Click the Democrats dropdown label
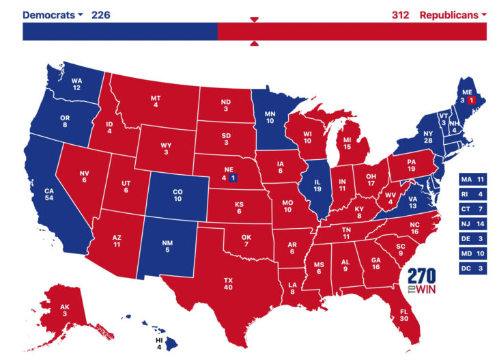click(x=53, y=14)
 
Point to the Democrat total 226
click(x=101, y=14)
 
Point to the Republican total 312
click(x=400, y=14)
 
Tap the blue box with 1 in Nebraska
click(x=233, y=178)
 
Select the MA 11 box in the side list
click(x=473, y=179)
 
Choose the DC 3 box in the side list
click(x=473, y=270)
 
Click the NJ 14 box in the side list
click(x=473, y=225)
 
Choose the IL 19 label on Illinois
click(x=318, y=185)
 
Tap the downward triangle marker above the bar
click(x=254, y=19)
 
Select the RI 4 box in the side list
click(x=473, y=194)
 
